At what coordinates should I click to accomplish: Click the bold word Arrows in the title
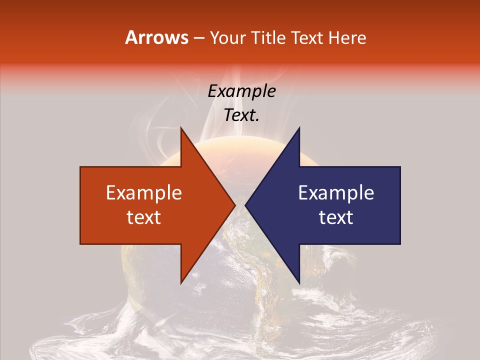157,37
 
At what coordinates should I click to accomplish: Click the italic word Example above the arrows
241,91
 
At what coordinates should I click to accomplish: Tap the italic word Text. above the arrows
241,115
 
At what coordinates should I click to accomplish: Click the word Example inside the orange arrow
144,193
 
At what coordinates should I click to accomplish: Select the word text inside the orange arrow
144,217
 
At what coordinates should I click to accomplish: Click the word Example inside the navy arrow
336,193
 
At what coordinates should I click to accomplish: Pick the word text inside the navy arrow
336,217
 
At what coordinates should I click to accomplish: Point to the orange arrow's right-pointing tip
235,205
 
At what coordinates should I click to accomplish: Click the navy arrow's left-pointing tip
245,205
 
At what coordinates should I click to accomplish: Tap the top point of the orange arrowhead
181,127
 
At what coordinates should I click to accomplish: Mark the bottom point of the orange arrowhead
181,283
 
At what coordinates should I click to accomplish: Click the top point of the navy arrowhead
299,127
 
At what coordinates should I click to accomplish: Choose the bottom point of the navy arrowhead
299,283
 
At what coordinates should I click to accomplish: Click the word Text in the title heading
307,37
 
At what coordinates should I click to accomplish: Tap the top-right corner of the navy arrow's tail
400,167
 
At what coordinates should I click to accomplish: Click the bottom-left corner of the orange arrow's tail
80,244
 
